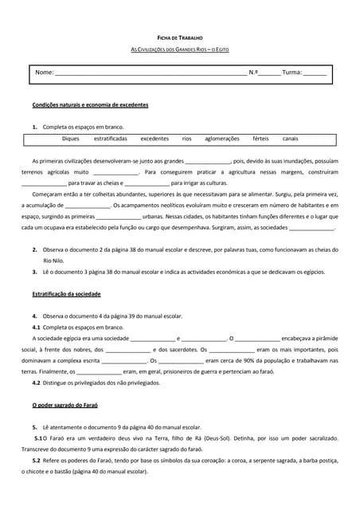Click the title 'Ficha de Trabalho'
[x=180, y=37]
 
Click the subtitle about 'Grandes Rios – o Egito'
[x=180, y=50]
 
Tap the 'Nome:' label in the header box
[x=45, y=73]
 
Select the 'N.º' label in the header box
[x=253, y=73]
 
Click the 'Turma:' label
[x=292, y=73]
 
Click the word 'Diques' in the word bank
[x=71, y=139]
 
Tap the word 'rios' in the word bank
[x=187, y=139]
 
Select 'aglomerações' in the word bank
[x=222, y=139]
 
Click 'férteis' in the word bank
[x=260, y=139]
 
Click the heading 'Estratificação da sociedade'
[x=66, y=294]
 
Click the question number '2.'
[x=35, y=249]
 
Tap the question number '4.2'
[x=37, y=382]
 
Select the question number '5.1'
[x=39, y=437]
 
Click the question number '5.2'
[x=37, y=461]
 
